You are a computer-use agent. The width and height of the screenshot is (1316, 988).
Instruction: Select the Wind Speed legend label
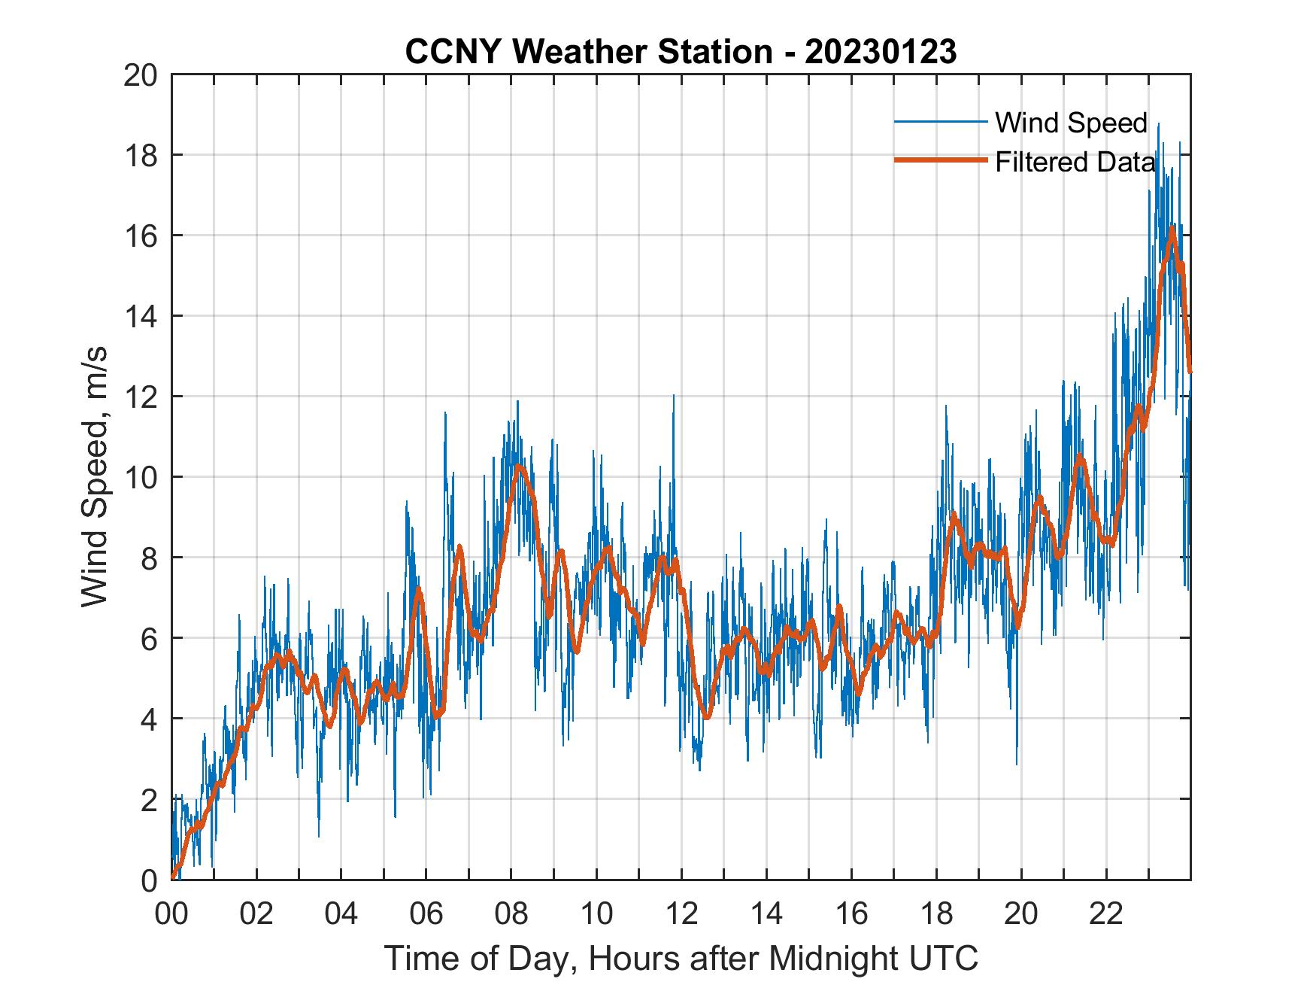pos(1071,123)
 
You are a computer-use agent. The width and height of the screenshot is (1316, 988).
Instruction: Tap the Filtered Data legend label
pos(1075,162)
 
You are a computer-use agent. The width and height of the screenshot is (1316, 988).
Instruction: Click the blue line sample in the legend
pos(940,122)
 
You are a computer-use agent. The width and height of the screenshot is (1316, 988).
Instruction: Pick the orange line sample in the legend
pos(940,160)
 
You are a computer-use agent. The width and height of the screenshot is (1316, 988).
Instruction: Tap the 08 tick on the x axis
pos(511,914)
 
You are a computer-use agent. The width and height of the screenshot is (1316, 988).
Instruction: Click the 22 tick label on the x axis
pos(1106,914)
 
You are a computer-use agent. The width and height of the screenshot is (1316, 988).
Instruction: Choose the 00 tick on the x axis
pos(171,914)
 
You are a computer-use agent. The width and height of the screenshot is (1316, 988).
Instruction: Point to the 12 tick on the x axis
pos(681,914)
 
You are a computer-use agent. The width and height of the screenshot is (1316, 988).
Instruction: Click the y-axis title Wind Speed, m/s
pos(95,477)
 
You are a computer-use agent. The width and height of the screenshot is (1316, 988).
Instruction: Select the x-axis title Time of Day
pos(681,959)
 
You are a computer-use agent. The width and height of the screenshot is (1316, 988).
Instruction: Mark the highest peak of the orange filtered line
pos(1172,228)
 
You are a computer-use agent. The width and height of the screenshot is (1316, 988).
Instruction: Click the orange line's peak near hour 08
pos(518,467)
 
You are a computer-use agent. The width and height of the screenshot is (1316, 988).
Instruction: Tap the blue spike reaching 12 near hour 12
pos(673,396)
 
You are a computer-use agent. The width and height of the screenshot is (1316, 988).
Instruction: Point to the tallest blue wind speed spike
pos(1158,125)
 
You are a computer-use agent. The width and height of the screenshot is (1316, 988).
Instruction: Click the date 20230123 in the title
pos(881,52)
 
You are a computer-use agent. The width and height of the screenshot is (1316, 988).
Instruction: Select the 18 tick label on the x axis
pos(936,914)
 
